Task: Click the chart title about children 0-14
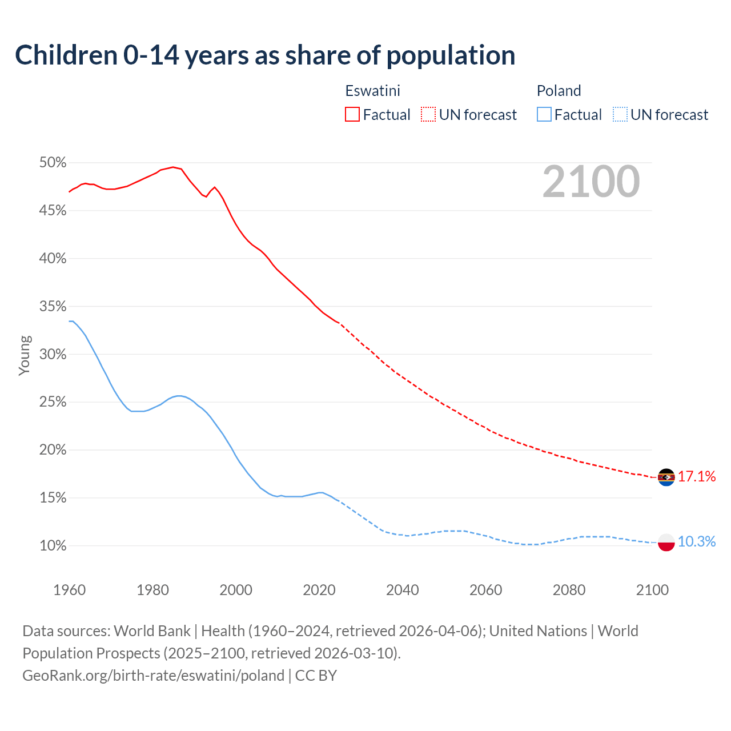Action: (265, 55)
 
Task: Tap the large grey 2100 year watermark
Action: (591, 182)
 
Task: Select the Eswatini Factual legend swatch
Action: (352, 115)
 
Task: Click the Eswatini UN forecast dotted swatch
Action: (428, 115)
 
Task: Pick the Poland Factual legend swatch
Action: (544, 115)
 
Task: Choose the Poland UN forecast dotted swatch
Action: (620, 115)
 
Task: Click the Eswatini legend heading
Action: (372, 91)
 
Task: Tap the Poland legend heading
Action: (559, 91)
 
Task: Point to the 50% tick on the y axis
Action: (53, 163)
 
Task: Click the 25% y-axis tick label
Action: (53, 402)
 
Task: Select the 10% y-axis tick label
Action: (53, 546)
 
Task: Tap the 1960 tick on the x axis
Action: (69, 590)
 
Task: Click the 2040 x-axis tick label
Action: (402, 590)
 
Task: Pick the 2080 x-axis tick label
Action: (569, 590)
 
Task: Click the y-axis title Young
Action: (24, 355)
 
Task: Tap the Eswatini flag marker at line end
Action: (666, 477)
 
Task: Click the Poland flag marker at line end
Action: (666, 542)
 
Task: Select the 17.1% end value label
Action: (697, 477)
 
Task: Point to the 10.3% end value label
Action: (697, 542)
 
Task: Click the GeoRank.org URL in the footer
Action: (153, 676)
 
